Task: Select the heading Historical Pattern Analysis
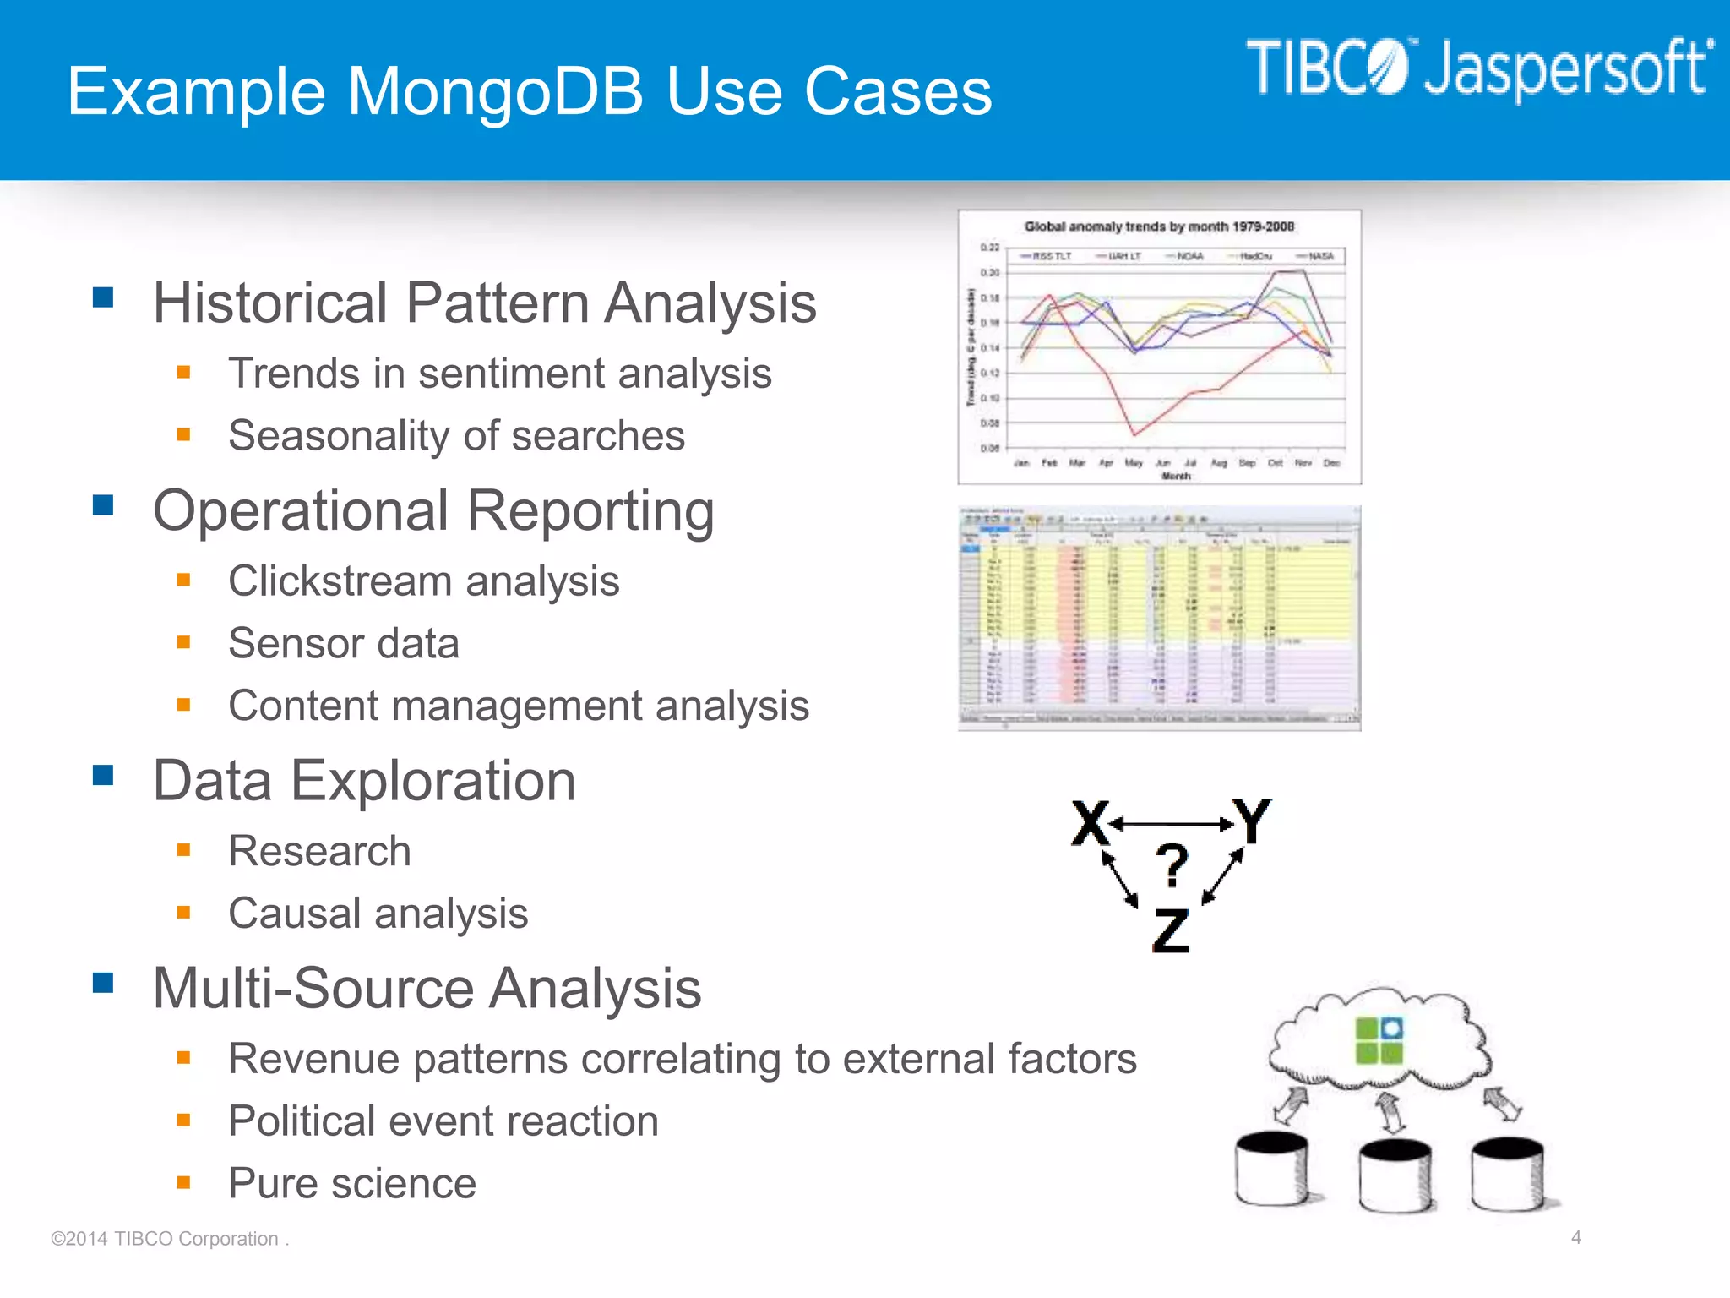coord(484,303)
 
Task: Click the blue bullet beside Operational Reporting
coord(103,504)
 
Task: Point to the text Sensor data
coord(344,643)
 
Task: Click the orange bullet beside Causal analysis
coord(183,912)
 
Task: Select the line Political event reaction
coord(443,1121)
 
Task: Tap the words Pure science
coord(352,1183)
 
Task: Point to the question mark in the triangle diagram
coord(1172,864)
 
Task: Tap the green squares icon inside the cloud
coord(1379,1040)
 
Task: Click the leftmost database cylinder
coord(1271,1170)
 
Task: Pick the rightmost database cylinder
coord(1508,1175)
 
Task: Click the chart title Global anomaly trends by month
coord(1159,226)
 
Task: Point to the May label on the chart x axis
coord(1134,463)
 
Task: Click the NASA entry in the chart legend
coord(1320,256)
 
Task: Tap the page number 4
coord(1575,1237)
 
